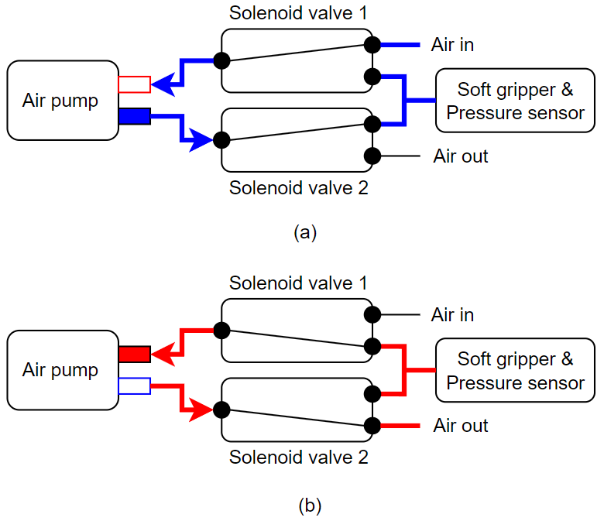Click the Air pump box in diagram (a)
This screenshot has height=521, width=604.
click(x=61, y=101)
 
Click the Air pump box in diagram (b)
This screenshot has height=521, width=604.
click(x=61, y=370)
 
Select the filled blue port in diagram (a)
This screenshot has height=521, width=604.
click(x=134, y=116)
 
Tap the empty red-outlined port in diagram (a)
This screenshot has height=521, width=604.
click(x=134, y=84)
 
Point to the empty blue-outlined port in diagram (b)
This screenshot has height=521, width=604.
click(x=134, y=385)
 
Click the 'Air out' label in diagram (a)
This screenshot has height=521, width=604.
click(x=461, y=156)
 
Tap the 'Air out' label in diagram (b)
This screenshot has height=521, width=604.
click(x=461, y=426)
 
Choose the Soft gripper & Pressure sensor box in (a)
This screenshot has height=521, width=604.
click(x=515, y=101)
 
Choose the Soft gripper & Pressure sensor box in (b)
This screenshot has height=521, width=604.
click(x=515, y=370)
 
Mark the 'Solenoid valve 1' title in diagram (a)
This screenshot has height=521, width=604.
click(x=298, y=13)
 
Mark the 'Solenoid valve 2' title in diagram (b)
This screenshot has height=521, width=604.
click(x=298, y=458)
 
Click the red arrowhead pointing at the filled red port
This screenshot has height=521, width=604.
click(x=160, y=355)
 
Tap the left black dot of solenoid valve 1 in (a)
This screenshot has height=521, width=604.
click(x=221, y=60)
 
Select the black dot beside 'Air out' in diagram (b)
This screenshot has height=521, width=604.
click(x=372, y=425)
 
